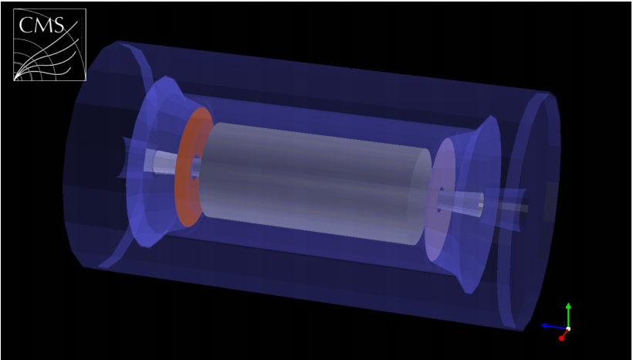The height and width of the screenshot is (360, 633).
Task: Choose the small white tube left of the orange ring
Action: click(164, 162)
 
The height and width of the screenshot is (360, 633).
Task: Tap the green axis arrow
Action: click(568, 312)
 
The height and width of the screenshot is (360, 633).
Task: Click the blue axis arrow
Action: click(550, 326)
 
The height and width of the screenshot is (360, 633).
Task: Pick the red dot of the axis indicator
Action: click(562, 338)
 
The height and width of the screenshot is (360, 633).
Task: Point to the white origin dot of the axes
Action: click(568, 329)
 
